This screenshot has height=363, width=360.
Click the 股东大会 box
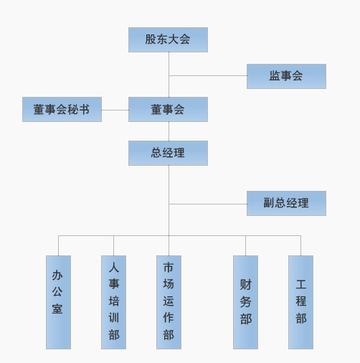(168, 39)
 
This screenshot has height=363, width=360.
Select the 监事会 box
(286, 76)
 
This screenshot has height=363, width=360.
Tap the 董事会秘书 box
(62, 109)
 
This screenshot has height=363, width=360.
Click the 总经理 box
(168, 153)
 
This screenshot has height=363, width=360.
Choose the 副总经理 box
(286, 203)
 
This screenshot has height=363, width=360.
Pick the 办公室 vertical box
(58, 302)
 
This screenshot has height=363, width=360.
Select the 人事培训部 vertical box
(113, 302)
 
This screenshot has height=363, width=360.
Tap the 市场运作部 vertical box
(169, 302)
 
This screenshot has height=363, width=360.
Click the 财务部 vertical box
(245, 302)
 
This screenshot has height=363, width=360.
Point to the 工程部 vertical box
(300, 302)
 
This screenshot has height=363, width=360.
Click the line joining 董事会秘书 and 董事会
(115, 110)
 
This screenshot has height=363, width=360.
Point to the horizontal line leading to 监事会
(208, 76)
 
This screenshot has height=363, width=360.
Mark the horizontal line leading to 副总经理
(208, 204)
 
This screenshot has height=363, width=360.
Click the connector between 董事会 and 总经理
(169, 131)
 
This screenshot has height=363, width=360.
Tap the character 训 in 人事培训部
(114, 318)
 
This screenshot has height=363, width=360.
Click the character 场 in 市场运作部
(169, 284)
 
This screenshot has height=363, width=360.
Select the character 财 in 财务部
(246, 285)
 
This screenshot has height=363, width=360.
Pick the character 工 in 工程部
(301, 284)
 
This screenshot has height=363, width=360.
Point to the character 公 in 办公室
(57, 292)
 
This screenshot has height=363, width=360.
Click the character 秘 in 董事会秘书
(72, 110)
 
